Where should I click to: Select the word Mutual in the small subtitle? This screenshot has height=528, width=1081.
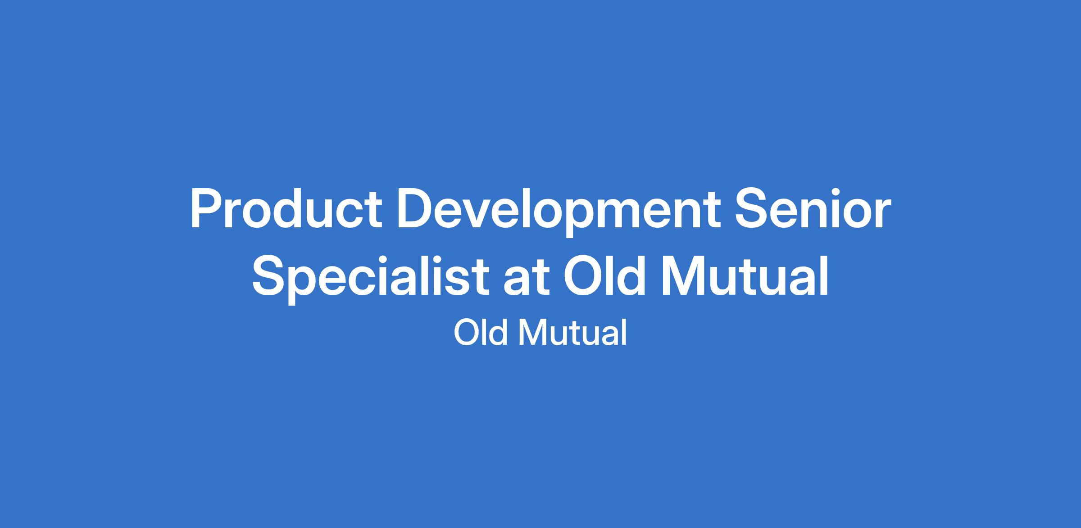point(572,333)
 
